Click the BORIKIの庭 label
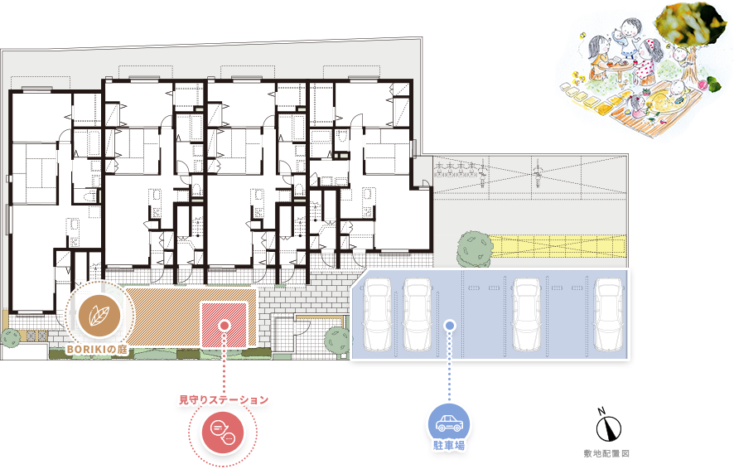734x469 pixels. [97, 350]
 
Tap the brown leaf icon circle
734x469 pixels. [99, 316]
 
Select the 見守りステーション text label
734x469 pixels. [224, 399]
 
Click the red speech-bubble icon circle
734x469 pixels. [223, 432]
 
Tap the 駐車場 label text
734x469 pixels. [449, 445]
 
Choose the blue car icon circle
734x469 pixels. [449, 423]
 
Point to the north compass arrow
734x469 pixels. [609, 428]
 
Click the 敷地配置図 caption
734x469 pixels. [606, 453]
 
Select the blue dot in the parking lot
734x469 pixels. [449, 325]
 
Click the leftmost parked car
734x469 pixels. [377, 314]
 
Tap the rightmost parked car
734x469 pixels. [608, 314]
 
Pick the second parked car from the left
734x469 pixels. [417, 314]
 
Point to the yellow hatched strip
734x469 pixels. [558, 246]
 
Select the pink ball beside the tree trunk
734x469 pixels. [702, 85]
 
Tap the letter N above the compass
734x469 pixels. [601, 412]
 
